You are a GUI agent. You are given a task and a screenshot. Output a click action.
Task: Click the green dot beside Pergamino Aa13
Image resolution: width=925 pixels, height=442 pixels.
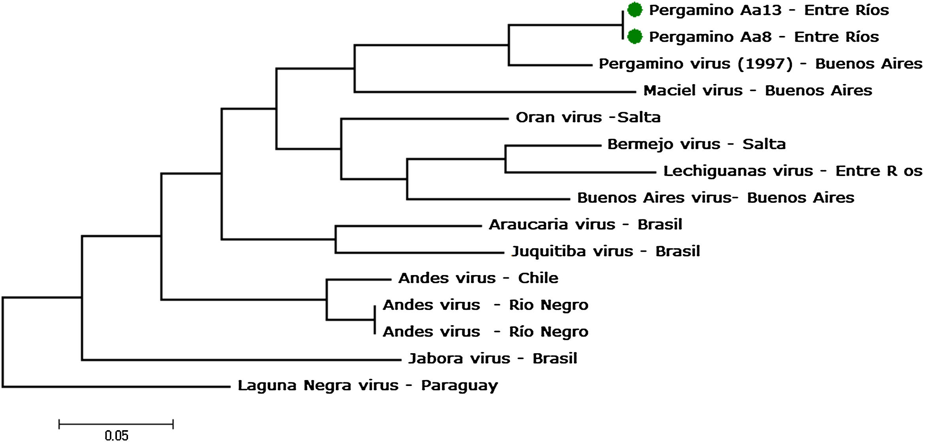click(635, 10)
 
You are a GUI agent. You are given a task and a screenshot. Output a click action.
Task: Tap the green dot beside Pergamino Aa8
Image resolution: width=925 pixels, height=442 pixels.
click(635, 37)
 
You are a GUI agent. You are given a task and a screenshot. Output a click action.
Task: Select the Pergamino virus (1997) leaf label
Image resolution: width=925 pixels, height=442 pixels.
click(760, 64)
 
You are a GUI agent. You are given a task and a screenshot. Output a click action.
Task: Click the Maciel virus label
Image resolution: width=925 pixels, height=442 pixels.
click(757, 90)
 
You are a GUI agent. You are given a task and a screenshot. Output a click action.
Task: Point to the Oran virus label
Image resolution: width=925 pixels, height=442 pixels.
click(588, 117)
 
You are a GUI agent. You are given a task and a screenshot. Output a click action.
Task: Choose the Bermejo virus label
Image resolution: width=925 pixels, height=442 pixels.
click(696, 144)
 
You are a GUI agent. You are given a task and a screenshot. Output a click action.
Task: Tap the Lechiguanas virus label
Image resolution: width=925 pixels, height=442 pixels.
click(792, 171)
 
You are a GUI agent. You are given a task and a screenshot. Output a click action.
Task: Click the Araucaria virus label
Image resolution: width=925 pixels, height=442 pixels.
click(585, 225)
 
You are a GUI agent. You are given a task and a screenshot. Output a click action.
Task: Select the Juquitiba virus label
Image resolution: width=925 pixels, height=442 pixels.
click(605, 251)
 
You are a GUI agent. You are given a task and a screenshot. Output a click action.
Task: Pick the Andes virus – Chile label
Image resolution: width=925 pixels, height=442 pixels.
click(478, 278)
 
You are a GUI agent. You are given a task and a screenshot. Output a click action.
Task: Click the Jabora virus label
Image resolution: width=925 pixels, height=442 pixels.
click(492, 359)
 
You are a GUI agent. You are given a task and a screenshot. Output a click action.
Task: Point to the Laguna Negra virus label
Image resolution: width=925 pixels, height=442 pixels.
click(367, 386)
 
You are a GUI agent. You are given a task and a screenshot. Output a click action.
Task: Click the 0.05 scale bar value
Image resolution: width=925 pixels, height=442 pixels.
click(117, 435)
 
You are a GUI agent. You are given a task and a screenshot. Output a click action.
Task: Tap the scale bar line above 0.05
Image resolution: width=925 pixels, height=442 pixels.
click(116, 425)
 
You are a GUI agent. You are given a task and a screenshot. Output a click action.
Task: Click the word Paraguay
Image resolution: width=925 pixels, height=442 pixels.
click(459, 386)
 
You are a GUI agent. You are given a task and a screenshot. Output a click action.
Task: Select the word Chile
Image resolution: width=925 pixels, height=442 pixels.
click(538, 278)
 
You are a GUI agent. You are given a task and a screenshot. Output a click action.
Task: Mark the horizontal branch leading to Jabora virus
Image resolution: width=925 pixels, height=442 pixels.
click(241, 360)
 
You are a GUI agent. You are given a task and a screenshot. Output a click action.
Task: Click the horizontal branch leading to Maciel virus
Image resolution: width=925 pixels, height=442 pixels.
click(494, 92)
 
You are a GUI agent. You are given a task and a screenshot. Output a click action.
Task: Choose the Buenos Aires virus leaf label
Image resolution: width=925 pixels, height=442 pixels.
click(715, 198)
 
